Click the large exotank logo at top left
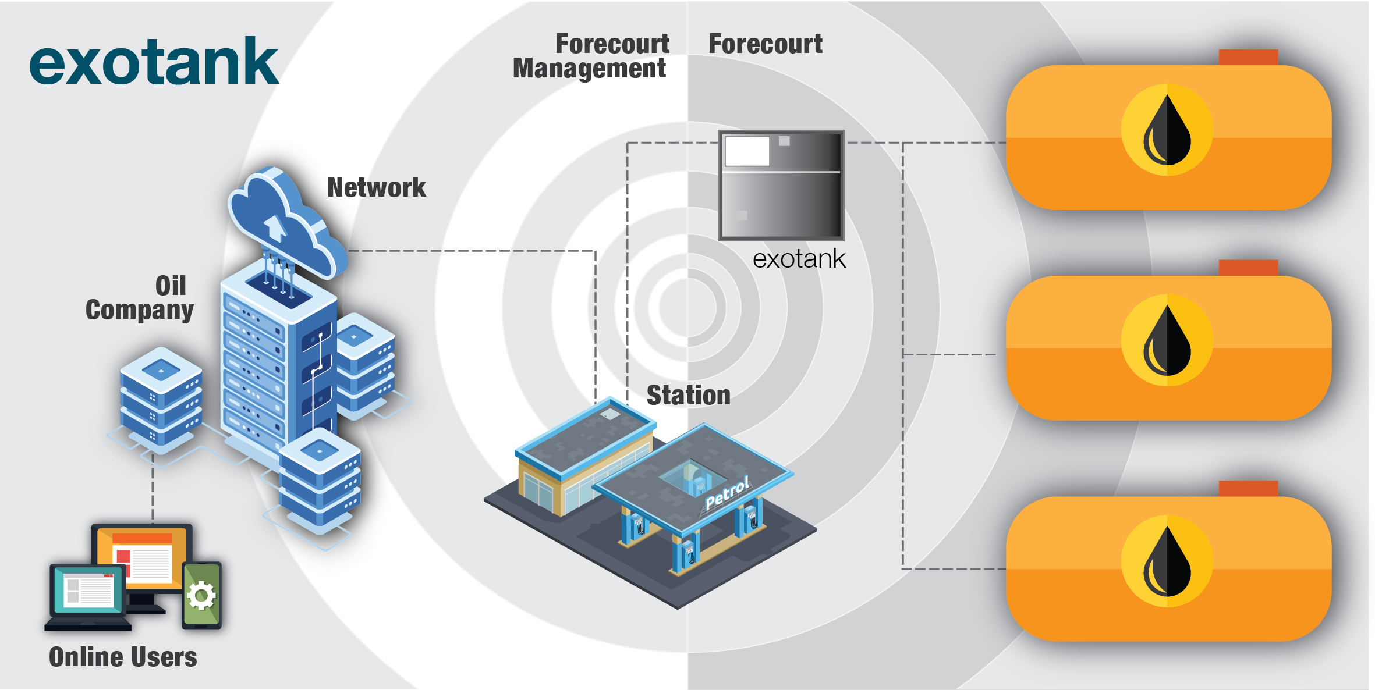click(x=154, y=62)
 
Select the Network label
click(x=376, y=187)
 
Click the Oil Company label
click(x=140, y=297)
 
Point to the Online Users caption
click(x=123, y=657)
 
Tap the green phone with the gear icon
click(x=201, y=595)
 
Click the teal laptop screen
click(x=87, y=590)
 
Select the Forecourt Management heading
click(x=591, y=56)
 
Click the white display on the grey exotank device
click(x=747, y=151)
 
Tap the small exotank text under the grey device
click(x=799, y=259)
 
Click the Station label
click(x=688, y=395)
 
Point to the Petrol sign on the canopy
click(x=727, y=493)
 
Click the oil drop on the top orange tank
click(x=1167, y=130)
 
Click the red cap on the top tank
click(x=1248, y=57)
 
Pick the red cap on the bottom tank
click(x=1248, y=488)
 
